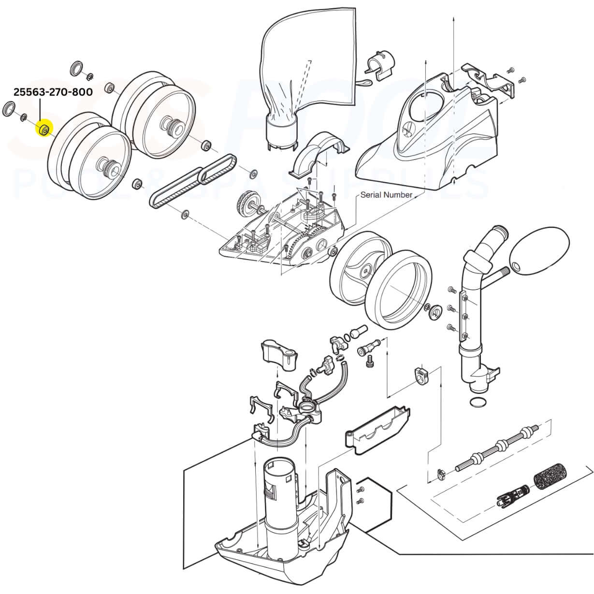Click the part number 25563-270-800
point(53,92)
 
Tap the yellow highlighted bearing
point(44,129)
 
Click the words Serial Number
point(386,195)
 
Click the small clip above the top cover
point(380,65)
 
